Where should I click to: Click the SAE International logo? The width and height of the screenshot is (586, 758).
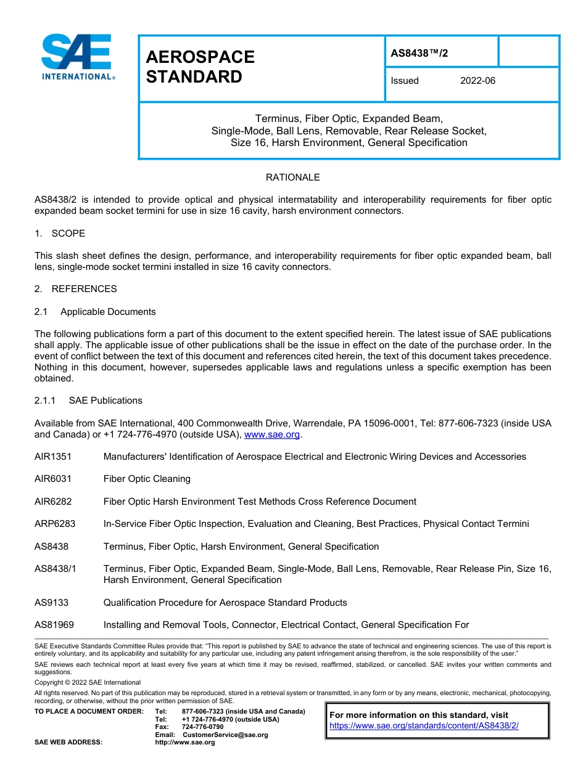[76, 57]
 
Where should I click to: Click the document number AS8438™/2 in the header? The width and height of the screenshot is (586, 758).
[419, 53]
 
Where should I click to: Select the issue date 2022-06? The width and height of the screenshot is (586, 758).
[477, 81]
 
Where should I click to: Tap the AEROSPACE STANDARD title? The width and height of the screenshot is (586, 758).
[200, 67]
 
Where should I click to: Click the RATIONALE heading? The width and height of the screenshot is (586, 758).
[292, 177]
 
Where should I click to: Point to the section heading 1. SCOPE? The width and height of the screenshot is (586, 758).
[60, 234]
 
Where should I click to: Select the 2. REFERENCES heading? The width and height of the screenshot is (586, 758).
[75, 289]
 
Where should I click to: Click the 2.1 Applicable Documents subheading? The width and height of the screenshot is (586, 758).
[95, 312]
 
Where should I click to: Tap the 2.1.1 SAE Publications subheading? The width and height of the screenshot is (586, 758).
[88, 401]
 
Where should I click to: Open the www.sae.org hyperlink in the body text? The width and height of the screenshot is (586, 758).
[272, 434]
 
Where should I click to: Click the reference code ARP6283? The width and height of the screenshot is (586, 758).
[55, 524]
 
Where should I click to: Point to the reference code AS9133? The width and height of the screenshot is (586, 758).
[51, 603]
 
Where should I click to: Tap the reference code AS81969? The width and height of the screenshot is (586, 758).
[54, 625]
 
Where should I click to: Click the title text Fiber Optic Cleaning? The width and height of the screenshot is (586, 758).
[147, 479]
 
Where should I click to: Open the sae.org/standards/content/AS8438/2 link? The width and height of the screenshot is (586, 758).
[424, 725]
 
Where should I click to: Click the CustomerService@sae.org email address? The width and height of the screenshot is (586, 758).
[225, 735]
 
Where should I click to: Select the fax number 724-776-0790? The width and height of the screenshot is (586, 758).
[202, 727]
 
